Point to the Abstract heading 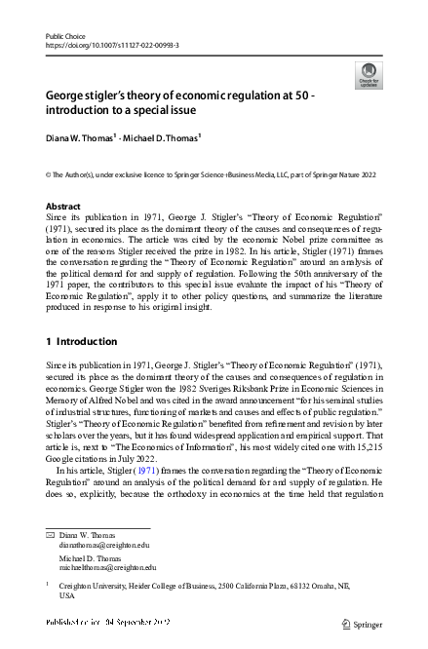click(64, 207)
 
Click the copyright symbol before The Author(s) click(50, 174)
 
